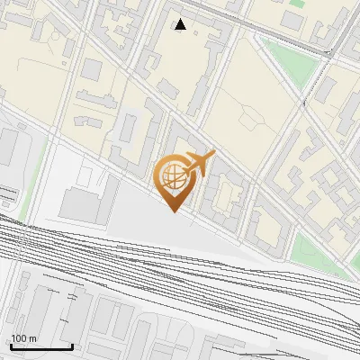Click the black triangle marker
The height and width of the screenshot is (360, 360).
click(x=181, y=24)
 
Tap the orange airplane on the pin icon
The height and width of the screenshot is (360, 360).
click(x=198, y=163)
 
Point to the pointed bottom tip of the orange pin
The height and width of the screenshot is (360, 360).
click(x=172, y=211)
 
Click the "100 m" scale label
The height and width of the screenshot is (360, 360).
click(x=24, y=338)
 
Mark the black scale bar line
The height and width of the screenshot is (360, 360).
click(x=40, y=347)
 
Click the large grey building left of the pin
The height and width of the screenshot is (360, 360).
click(x=88, y=197)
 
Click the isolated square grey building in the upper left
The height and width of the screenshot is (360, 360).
click(x=93, y=69)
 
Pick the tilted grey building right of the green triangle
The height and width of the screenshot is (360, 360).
click(x=326, y=88)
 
